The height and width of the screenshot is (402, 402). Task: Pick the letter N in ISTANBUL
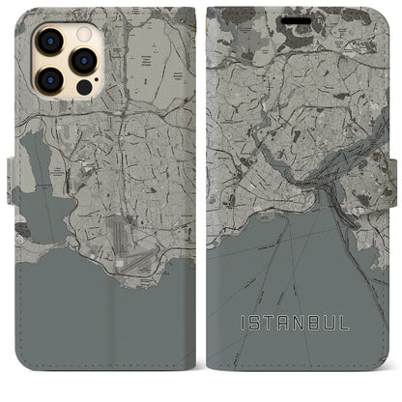point(328,318)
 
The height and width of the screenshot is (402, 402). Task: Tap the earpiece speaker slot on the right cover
point(302,14)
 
